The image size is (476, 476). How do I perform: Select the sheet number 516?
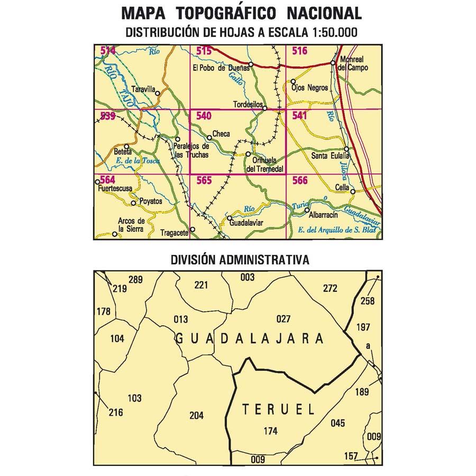tap(299, 51)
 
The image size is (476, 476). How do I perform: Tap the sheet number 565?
tap(204, 180)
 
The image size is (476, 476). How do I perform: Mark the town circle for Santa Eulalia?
tap(347, 149)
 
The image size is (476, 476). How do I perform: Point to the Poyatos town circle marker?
tap(133, 203)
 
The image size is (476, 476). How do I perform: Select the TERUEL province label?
tap(278, 409)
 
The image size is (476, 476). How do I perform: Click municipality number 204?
tap(196, 415)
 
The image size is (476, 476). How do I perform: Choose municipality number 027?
tap(283, 318)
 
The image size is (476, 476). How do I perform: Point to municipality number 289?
tap(136, 280)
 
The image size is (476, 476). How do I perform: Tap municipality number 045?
tap(337, 423)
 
